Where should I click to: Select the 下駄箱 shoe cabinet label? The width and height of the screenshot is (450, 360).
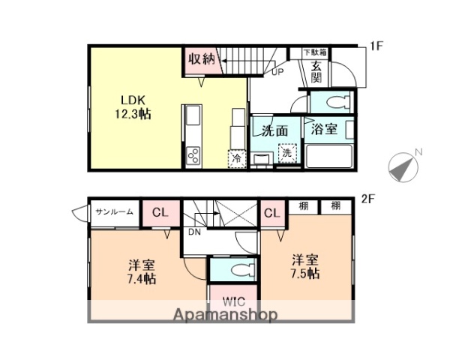[314, 52]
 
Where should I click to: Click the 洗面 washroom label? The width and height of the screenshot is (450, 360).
[275, 130]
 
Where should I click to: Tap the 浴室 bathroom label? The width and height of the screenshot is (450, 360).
[328, 129]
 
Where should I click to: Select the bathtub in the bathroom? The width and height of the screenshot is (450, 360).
[329, 157]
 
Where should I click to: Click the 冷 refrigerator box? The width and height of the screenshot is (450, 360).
[237, 158]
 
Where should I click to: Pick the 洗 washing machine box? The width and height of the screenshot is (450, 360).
[287, 153]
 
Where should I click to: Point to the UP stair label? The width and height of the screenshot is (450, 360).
[277, 73]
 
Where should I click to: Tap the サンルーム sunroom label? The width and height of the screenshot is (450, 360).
[114, 212]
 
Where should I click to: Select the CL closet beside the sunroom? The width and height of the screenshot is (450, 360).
[160, 212]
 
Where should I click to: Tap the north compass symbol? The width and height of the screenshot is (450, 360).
[403, 166]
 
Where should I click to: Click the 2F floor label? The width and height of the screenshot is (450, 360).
[367, 199]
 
